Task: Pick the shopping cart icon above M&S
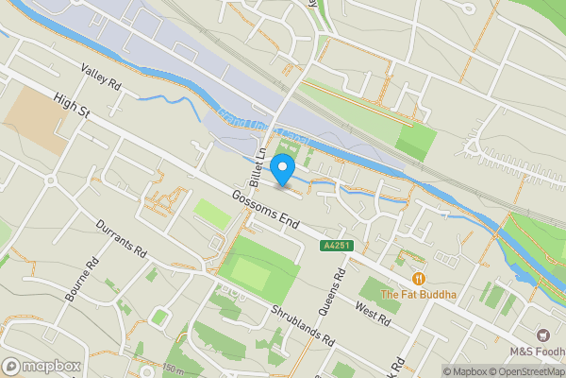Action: pyautogui.click(x=542, y=335)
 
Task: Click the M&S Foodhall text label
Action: pyautogui.click(x=537, y=351)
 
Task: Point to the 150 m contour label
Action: pyautogui.click(x=173, y=369)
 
